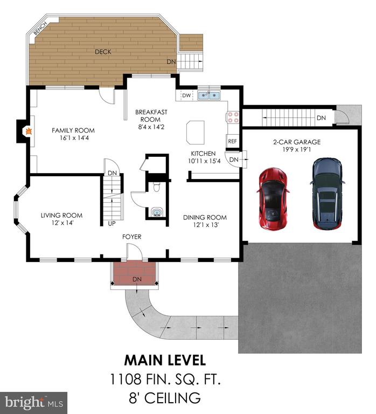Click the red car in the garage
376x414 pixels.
click(x=273, y=198)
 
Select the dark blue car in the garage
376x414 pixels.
click(x=328, y=194)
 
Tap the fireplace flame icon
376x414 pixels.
click(x=28, y=130)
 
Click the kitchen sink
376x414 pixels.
click(x=209, y=95)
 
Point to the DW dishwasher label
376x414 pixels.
click(x=186, y=95)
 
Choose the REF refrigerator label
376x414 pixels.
click(x=232, y=141)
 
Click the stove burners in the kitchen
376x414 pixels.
click(x=233, y=118)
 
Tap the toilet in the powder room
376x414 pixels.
click(x=157, y=187)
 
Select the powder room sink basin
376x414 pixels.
click(x=157, y=212)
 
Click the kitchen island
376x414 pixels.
click(x=195, y=132)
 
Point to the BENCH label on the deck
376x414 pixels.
click(x=40, y=28)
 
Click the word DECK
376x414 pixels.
click(x=103, y=52)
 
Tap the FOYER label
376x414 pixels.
click(x=131, y=237)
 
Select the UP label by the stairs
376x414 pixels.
click(x=112, y=223)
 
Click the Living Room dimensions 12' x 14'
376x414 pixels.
click(x=62, y=223)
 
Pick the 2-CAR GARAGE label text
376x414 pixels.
click(x=297, y=142)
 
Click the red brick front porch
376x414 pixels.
click(x=134, y=273)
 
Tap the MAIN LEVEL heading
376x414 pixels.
click(x=165, y=361)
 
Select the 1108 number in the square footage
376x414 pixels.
click(x=126, y=379)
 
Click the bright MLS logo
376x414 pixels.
click(x=34, y=403)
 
